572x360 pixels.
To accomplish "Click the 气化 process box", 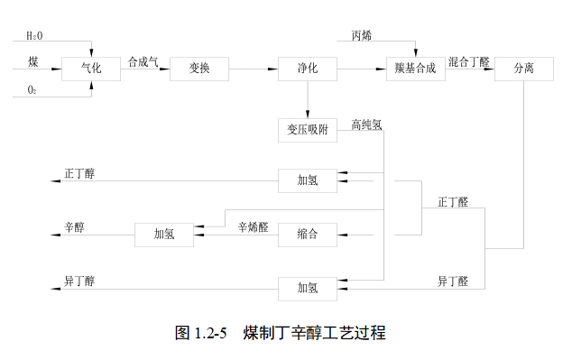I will [x=91, y=68].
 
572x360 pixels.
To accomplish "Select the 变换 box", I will [x=199, y=68].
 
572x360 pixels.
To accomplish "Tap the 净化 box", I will [x=307, y=68].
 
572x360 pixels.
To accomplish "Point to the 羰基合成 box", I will [x=415, y=68].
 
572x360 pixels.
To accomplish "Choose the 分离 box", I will [x=524, y=68].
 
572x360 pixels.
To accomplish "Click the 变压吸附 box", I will [x=307, y=129].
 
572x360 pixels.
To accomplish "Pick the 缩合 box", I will [x=307, y=235].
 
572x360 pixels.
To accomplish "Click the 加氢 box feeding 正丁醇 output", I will [x=307, y=180].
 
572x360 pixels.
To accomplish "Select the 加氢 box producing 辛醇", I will [x=164, y=235].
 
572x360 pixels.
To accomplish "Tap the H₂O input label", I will [x=33, y=35].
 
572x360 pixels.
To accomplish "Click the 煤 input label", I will [x=32, y=60].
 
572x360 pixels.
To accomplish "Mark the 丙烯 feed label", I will [x=361, y=35].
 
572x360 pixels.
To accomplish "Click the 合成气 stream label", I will [x=143, y=61].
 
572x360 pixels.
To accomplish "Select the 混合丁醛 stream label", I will [x=468, y=61].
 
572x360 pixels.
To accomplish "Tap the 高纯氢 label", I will [x=367, y=125].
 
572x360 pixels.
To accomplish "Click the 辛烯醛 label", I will [x=254, y=227].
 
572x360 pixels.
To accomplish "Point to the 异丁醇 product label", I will [x=79, y=281].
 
